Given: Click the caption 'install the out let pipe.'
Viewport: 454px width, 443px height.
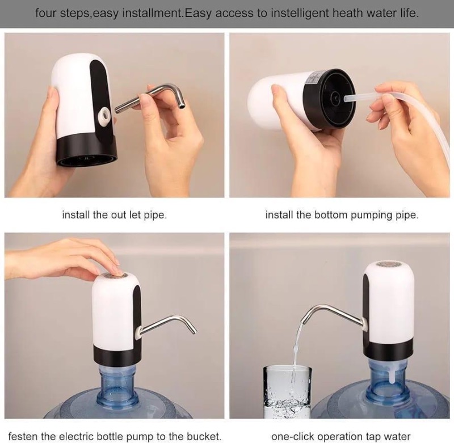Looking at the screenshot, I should (x=114, y=216).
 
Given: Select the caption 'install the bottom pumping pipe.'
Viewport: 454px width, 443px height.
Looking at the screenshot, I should (x=342, y=216).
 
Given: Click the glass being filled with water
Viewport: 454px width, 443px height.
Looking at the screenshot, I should (x=287, y=391).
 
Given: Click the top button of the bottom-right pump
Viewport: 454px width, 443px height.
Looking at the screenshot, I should (x=388, y=265).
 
